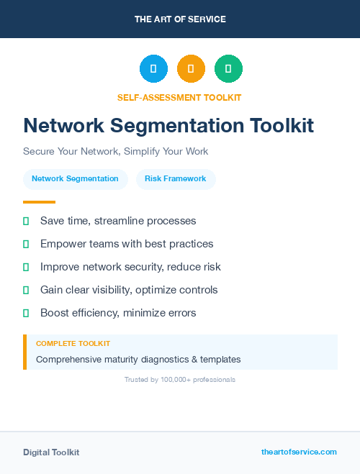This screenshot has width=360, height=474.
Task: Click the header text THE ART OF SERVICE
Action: click(x=180, y=19)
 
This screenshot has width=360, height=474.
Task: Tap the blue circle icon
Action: click(x=153, y=69)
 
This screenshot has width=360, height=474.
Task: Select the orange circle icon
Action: click(x=191, y=69)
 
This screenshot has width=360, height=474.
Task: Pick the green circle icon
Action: click(x=228, y=69)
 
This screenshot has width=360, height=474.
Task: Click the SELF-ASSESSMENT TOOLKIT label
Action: click(x=179, y=97)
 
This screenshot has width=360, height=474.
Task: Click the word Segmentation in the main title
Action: click(x=176, y=126)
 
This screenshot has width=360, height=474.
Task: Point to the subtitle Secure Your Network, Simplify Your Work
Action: click(x=115, y=152)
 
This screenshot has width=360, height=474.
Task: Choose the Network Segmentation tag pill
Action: click(x=75, y=179)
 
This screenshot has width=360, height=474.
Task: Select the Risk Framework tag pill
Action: click(x=176, y=179)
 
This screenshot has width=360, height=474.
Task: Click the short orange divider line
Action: click(x=39, y=202)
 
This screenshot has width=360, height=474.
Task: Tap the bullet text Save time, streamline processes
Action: click(x=118, y=221)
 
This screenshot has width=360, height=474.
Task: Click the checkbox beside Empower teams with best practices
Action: click(x=26, y=244)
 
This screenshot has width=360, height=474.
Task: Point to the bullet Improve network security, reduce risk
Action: click(x=130, y=267)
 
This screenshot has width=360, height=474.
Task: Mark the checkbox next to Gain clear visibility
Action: click(x=26, y=290)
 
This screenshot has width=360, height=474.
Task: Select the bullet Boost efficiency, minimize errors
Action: click(x=118, y=313)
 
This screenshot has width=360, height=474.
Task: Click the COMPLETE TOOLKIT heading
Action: click(x=73, y=344)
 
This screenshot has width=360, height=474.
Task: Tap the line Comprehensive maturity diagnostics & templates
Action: click(x=138, y=359)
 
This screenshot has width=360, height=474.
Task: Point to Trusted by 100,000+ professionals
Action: click(x=180, y=379)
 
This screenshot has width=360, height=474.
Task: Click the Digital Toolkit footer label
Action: click(x=51, y=452)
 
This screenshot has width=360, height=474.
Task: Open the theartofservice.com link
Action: click(x=299, y=452)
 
